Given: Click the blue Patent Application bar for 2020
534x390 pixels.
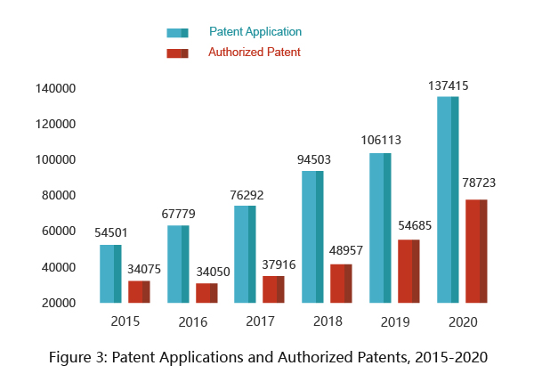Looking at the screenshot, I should pyautogui.click(x=448, y=199).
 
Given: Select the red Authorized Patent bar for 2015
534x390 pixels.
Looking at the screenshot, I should pyautogui.click(x=139, y=291).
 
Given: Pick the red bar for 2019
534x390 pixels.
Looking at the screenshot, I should pyautogui.click(x=409, y=271).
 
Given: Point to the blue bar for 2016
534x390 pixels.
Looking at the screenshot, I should pyautogui.click(x=178, y=264).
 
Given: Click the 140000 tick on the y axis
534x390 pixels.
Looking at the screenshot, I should pyautogui.click(x=55, y=89).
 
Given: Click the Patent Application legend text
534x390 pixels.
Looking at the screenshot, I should pyautogui.click(x=255, y=32).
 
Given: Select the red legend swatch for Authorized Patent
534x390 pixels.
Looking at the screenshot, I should pyautogui.click(x=177, y=53).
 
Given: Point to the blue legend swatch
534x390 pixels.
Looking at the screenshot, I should pyautogui.click(x=177, y=33).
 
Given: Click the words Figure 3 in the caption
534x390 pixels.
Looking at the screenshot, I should pyautogui.click(x=77, y=358).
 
